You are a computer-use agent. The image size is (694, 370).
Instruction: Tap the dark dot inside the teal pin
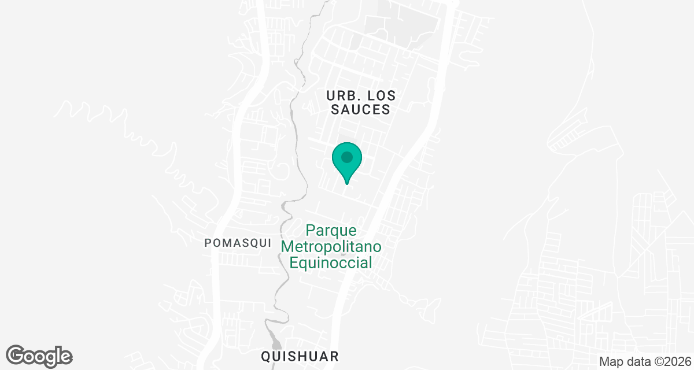[347, 157]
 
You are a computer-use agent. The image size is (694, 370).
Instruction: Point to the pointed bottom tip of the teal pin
[347, 184]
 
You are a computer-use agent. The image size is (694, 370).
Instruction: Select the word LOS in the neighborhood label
[375, 95]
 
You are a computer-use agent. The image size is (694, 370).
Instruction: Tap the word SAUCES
[361, 109]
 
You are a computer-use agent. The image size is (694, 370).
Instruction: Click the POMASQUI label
[238, 243]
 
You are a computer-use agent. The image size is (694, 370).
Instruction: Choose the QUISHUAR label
[299, 356]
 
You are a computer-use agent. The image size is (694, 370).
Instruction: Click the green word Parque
[331, 231]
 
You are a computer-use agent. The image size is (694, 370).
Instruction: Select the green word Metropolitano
[331, 247]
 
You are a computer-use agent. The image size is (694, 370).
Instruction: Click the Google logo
[39, 356]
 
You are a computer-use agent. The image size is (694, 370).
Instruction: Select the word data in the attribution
[636, 361]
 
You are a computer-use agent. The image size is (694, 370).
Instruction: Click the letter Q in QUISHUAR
[265, 356]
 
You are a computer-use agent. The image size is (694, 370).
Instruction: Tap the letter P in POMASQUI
[208, 243]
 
